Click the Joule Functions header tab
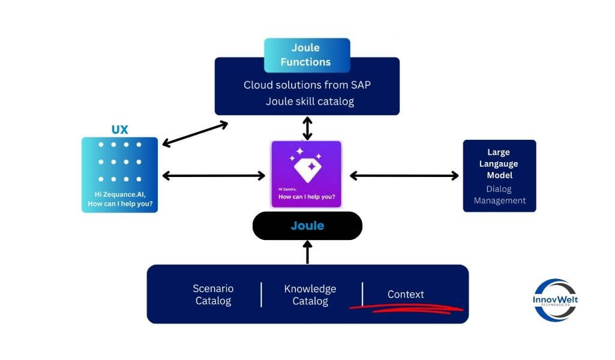tap(307, 55)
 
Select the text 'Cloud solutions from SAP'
tap(307, 85)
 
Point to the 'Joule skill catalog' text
tap(310, 101)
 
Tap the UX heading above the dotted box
tap(120, 130)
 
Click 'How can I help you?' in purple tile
tap(306, 197)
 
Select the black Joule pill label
tap(307, 226)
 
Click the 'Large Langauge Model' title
tap(499, 164)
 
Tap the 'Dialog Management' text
tap(499, 194)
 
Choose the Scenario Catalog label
tap(213, 295)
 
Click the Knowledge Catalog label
tap(310, 295)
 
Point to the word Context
tap(406, 294)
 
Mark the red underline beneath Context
tap(407, 308)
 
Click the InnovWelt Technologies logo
tap(555, 300)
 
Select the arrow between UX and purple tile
tap(214, 176)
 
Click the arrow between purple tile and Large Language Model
tap(404, 176)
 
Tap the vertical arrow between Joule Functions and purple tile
tap(307, 128)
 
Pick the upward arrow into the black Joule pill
tap(307, 252)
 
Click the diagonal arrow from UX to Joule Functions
tap(196, 134)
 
